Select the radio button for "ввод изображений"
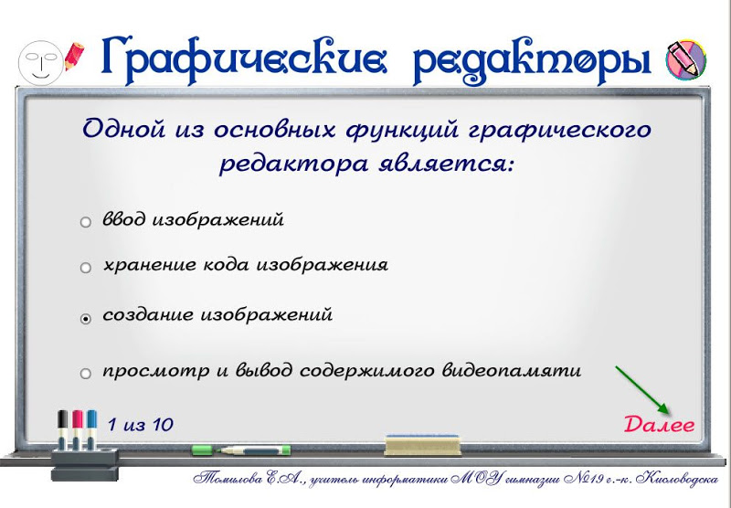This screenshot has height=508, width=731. point(86,222)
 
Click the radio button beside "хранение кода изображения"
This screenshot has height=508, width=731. point(86,268)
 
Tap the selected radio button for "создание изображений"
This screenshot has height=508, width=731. point(86,319)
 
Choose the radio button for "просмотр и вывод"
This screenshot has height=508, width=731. point(86,374)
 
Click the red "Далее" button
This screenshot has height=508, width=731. point(659,425)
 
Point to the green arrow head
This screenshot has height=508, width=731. point(664,408)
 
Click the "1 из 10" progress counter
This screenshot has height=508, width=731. point(141,425)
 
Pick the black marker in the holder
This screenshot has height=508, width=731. point(63,429)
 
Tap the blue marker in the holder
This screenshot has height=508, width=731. point(91,429)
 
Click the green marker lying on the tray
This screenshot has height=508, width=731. point(241,450)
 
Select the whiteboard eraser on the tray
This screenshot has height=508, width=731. point(423,445)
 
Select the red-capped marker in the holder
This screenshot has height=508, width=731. point(78,429)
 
